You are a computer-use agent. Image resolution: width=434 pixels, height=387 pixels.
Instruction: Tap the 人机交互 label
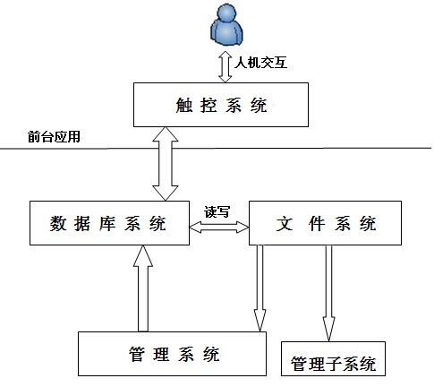[x=261, y=63]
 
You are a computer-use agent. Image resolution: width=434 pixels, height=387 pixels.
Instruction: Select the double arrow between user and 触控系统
[x=226, y=66]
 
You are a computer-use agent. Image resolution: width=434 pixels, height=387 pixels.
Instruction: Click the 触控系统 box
[x=221, y=105]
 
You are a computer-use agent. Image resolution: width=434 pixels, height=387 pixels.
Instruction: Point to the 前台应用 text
[x=54, y=137]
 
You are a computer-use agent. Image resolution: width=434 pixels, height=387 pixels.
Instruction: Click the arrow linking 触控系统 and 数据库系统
[x=166, y=164]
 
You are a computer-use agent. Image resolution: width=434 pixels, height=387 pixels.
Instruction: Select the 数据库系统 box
[x=109, y=223]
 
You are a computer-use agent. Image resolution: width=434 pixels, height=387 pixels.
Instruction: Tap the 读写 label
[x=217, y=211]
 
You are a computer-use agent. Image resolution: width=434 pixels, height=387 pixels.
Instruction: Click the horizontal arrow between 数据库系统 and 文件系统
[x=219, y=228]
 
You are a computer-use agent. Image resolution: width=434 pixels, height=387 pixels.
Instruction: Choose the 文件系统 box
[x=325, y=223]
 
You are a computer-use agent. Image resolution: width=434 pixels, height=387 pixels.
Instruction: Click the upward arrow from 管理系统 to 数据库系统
[x=143, y=288]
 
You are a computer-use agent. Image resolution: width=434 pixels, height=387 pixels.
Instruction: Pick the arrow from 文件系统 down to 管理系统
[x=260, y=288]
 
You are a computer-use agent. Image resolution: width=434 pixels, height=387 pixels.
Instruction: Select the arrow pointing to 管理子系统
[x=328, y=293]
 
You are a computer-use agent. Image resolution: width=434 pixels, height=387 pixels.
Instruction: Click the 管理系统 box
[x=172, y=354]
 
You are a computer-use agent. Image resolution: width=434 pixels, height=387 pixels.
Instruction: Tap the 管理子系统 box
[x=333, y=358]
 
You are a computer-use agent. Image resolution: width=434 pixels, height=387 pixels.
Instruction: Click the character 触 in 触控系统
[x=184, y=105]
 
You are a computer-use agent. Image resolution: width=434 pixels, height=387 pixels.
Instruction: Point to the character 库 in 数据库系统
[x=107, y=223]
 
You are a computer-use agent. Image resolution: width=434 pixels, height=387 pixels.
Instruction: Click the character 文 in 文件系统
[x=285, y=223]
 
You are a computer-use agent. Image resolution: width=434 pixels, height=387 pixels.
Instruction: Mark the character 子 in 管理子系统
[x=334, y=364]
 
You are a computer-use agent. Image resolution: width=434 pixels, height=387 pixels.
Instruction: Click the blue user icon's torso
[x=226, y=33]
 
